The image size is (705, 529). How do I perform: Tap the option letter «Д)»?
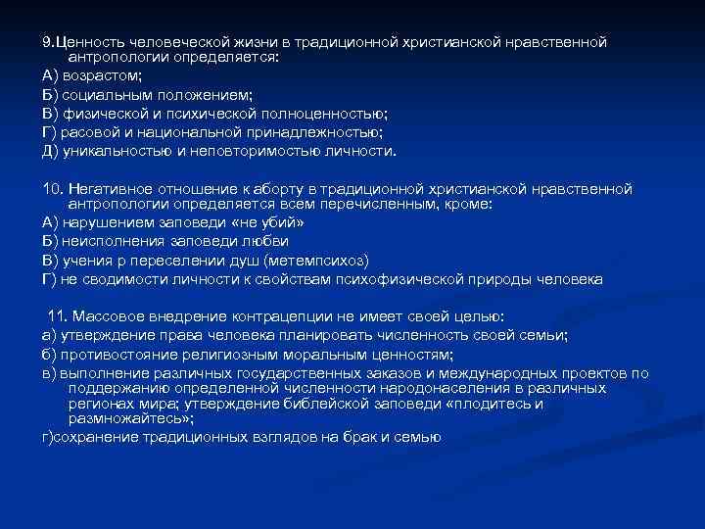tap(50, 151)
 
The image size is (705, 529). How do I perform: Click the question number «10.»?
tap(53, 188)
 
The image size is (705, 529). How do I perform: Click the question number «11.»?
tap(59, 317)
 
